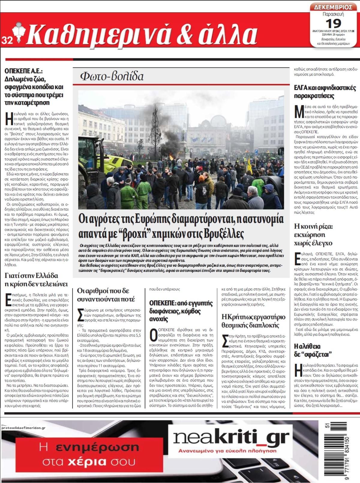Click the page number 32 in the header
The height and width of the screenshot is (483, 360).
coord(7,40)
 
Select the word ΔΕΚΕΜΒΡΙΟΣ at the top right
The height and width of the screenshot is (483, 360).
coord(333,7)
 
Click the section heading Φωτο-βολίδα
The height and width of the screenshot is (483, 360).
coord(112,76)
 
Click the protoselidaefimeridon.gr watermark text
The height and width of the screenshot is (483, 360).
coord(23,428)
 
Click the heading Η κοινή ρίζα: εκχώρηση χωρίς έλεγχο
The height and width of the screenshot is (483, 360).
coord(313,235)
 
